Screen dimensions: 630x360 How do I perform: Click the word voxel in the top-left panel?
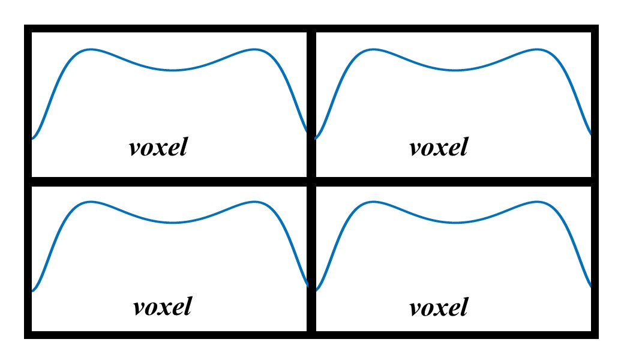(x=158, y=147)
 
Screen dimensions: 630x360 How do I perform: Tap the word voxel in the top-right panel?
(x=439, y=147)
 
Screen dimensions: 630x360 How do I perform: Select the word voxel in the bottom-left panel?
(x=162, y=307)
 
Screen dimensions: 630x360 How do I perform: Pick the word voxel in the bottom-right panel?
(x=439, y=308)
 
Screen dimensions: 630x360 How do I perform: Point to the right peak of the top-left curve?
(x=255, y=49)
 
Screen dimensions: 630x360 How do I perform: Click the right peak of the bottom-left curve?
(x=255, y=202)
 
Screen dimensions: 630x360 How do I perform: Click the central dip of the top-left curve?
(x=173, y=70)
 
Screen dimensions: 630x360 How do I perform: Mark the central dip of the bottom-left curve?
(x=173, y=223)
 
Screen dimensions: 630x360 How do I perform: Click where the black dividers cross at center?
(x=311, y=181)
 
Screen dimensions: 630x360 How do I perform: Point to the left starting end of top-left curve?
(x=32, y=139)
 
